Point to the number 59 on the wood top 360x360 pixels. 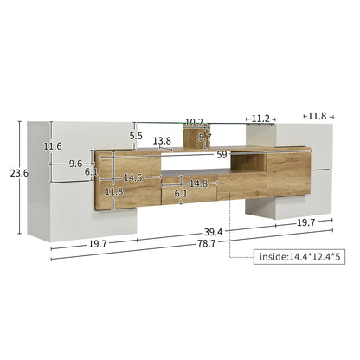point(222,156)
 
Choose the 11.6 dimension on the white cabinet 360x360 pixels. point(54,146)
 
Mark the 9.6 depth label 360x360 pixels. point(75,163)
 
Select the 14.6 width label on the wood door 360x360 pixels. point(132,178)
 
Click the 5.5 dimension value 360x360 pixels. point(136,136)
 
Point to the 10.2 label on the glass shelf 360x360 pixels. point(194,123)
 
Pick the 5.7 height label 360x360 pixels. point(204,137)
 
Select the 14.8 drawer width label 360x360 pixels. point(198,183)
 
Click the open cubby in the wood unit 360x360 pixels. point(249,164)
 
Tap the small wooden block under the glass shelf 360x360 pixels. point(192,136)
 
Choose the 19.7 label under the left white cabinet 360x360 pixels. point(96,244)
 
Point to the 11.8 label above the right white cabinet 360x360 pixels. point(317,115)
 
